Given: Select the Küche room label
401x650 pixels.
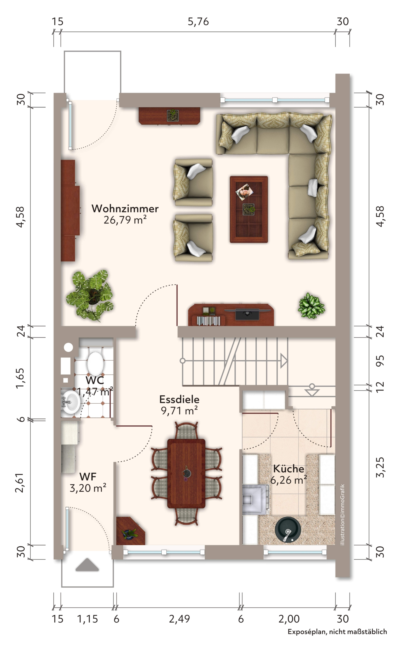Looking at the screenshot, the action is click(x=289, y=469).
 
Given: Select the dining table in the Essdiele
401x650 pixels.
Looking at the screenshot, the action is click(x=186, y=473).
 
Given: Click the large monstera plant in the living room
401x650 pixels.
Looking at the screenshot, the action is click(x=90, y=296).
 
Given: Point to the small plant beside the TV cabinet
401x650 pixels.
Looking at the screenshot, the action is click(x=311, y=306).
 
